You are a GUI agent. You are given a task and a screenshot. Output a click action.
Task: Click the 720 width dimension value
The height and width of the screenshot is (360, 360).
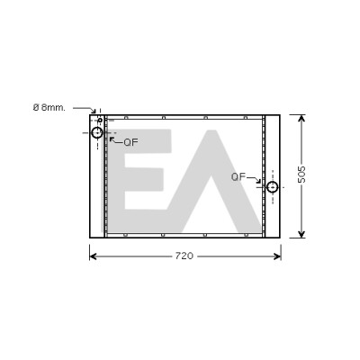184,256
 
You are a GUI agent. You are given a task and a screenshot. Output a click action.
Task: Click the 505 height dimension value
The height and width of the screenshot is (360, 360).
301,175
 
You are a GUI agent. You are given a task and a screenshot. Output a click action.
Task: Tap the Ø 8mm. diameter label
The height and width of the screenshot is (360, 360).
49,108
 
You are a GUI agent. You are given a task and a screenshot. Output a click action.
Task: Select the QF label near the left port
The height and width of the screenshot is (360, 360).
130,142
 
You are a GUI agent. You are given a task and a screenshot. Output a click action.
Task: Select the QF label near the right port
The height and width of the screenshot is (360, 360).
238,176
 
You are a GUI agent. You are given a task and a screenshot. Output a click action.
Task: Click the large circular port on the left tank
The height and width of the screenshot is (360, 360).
97,132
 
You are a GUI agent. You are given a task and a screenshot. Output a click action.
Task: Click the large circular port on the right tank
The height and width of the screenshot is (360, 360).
273,187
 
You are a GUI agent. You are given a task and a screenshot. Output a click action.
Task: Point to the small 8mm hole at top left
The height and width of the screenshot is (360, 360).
100,121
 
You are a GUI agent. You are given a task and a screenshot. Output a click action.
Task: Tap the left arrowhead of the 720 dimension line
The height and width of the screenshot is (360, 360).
93,256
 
